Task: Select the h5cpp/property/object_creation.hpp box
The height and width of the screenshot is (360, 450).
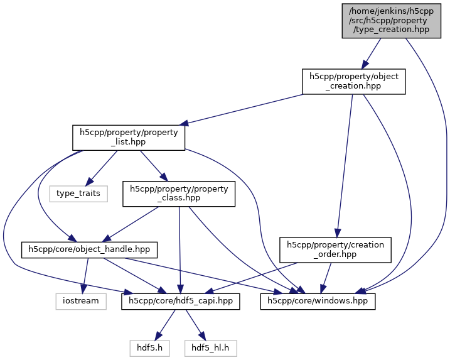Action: coord(353,82)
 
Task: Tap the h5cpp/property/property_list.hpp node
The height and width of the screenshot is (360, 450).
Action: coord(129,138)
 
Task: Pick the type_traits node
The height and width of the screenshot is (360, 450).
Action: coord(78,193)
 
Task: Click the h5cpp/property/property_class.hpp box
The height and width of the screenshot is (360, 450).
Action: coord(179,194)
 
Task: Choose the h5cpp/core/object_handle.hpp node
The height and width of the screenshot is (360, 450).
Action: coord(90,249)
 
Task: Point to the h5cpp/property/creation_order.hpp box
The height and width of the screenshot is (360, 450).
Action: coord(336,249)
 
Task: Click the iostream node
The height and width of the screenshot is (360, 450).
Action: coord(80,301)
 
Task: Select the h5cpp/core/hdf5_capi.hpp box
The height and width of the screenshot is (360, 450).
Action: coord(181,301)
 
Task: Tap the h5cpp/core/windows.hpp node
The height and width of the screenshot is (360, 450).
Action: coord(318,301)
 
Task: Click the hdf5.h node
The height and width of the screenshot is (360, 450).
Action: coord(150,347)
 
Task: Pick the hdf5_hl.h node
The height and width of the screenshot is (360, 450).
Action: coord(211,347)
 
